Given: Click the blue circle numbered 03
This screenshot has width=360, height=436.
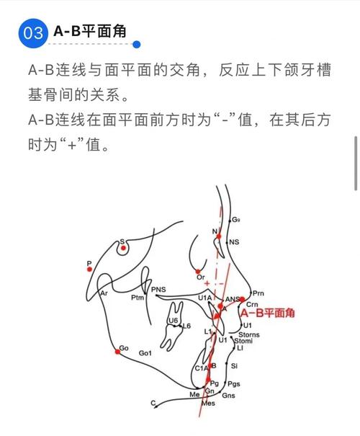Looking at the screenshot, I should coord(32,32).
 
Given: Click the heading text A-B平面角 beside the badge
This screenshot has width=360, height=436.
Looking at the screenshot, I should coord(90,32).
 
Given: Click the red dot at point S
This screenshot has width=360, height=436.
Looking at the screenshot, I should coord(124,248).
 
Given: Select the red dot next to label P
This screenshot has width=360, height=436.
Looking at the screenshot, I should coord(89,270).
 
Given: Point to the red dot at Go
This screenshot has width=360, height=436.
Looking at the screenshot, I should coord(117,352).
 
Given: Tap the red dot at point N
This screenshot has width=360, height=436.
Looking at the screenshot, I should coord(218,236).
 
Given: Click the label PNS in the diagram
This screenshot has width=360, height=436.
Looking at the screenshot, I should coord(158,290).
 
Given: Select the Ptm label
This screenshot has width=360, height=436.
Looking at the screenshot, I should coord(137,296).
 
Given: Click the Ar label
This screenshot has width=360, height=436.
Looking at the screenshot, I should coord(104,293).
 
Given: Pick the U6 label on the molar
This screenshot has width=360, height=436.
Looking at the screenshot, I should coord(173,321).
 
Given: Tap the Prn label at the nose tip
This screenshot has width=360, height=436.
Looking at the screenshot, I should coord(258,293).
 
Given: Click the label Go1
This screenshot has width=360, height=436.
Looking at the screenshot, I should coord(145,353).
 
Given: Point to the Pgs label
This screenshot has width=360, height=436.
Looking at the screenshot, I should coord(233,384).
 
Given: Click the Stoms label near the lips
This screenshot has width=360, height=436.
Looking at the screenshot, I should coord(249,334).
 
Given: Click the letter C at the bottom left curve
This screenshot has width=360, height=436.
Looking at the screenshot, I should coord(153,404).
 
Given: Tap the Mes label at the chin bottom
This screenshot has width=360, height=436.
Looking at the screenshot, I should coord(208,404).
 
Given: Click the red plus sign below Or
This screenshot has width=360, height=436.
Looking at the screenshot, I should coord(207,284).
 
